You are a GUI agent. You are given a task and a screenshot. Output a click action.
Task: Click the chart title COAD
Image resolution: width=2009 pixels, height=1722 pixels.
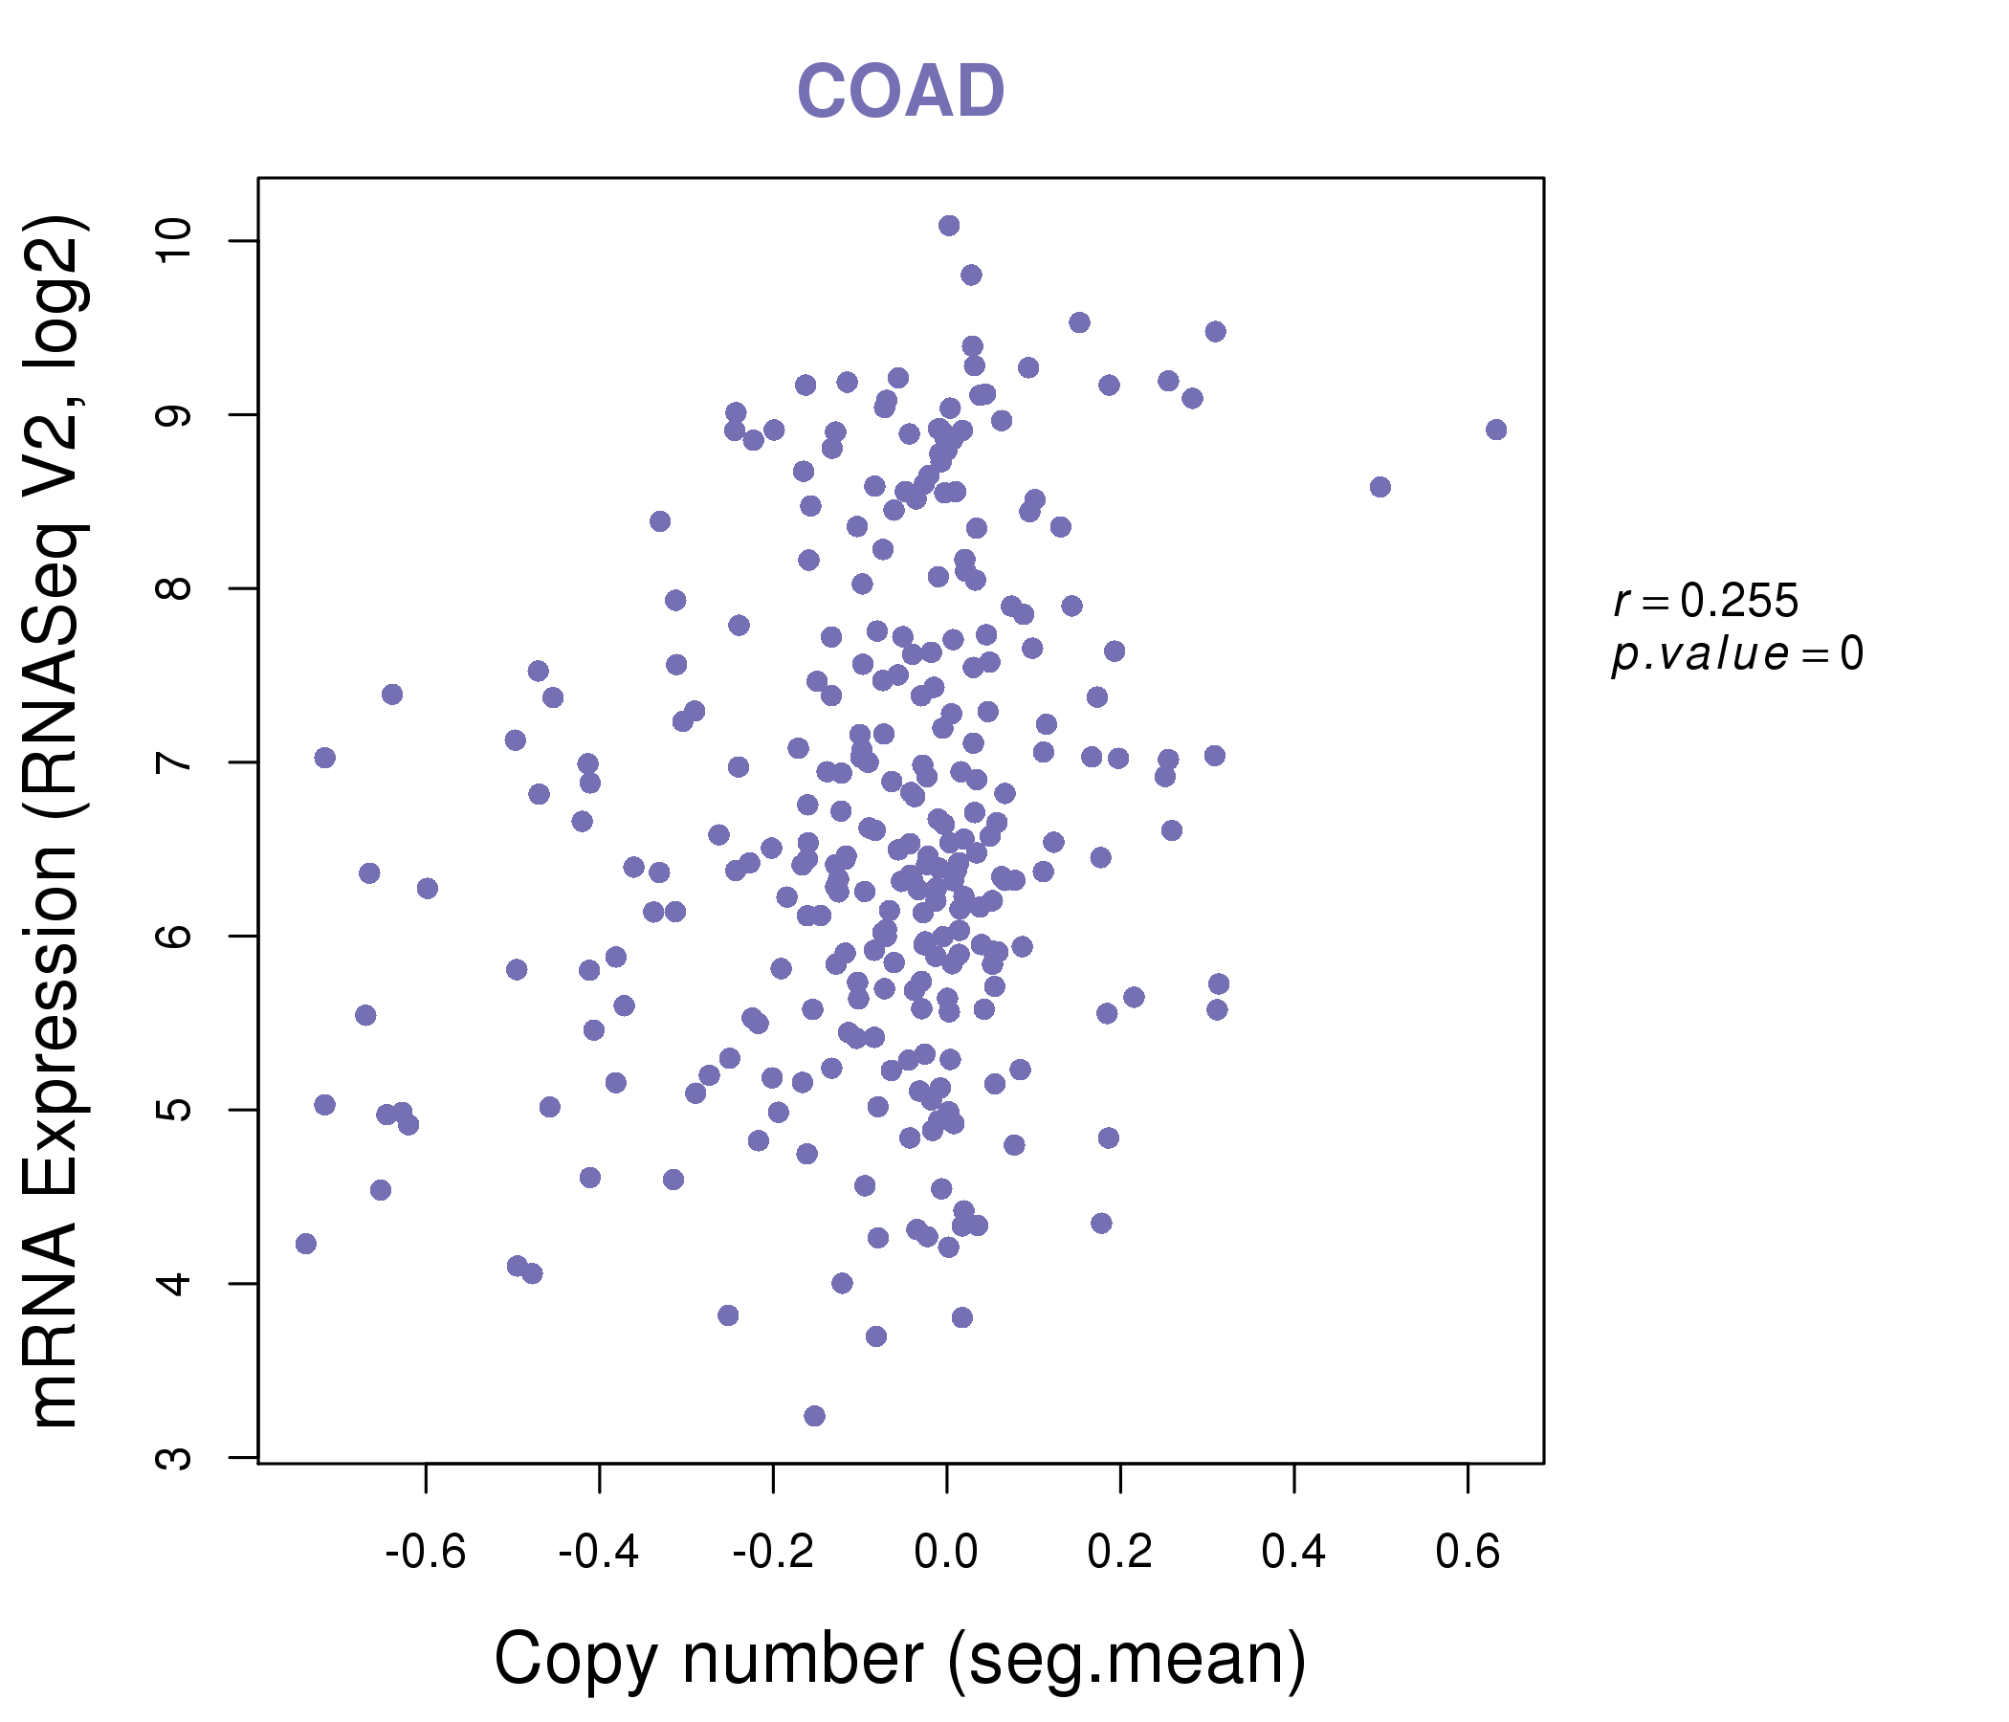(x=900, y=92)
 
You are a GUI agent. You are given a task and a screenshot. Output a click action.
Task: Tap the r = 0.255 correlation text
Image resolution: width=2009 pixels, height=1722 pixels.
(x=1706, y=601)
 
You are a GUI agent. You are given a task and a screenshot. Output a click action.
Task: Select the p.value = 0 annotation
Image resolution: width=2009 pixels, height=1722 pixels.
(x=1736, y=654)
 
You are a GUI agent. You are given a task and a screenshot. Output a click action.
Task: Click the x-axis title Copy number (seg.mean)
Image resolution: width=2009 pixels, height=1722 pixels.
(x=900, y=1659)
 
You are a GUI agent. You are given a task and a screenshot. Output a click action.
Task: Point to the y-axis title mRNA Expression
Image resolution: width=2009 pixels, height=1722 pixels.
(x=55, y=821)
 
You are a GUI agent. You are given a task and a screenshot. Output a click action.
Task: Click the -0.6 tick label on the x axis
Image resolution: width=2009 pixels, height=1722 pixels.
(x=426, y=1553)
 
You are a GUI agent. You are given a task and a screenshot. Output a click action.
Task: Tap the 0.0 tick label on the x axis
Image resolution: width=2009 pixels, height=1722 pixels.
(x=946, y=1553)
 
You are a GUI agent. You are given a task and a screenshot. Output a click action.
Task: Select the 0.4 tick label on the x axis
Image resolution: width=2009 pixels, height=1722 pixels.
(x=1293, y=1553)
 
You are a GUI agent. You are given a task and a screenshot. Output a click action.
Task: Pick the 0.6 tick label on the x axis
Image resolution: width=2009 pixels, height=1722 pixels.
(x=1467, y=1553)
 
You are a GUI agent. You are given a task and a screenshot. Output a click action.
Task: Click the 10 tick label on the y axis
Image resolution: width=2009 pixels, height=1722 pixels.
(x=175, y=241)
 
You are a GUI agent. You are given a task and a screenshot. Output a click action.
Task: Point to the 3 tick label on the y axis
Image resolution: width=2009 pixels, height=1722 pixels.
(x=175, y=1457)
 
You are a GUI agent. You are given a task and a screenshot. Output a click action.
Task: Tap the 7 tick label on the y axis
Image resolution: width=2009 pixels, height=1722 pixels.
(x=175, y=762)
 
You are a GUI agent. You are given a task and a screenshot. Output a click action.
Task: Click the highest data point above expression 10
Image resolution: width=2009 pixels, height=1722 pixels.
(x=949, y=226)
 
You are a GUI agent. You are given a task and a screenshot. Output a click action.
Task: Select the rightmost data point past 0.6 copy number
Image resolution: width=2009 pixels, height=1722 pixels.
(x=1496, y=430)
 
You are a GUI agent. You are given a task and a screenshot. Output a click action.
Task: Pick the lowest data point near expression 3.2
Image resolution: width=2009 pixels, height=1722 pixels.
(x=814, y=1416)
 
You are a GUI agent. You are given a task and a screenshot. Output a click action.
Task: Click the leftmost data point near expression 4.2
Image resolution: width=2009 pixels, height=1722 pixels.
(x=306, y=1244)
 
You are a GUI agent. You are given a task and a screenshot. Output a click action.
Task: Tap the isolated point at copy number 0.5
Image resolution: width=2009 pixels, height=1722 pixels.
(x=1380, y=487)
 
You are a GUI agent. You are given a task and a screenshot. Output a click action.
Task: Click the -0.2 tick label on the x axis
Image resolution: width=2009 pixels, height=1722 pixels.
(x=773, y=1553)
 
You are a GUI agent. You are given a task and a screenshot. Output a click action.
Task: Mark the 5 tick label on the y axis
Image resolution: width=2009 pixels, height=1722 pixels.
(x=175, y=1109)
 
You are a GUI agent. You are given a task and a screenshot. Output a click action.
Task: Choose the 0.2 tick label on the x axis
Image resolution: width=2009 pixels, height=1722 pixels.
(x=1120, y=1553)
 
